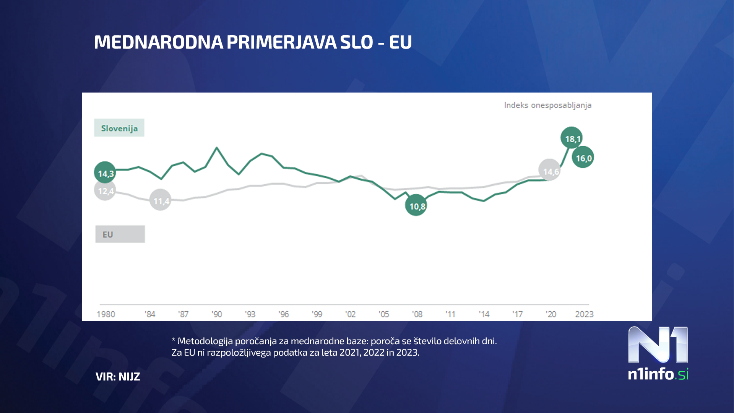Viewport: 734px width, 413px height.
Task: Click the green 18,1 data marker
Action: click(x=572, y=138)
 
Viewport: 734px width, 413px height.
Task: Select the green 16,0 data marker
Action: click(x=583, y=158)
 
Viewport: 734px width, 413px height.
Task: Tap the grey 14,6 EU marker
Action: click(x=549, y=171)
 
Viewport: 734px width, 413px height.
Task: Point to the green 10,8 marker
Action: click(x=416, y=206)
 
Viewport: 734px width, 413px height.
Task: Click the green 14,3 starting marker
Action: click(x=105, y=173)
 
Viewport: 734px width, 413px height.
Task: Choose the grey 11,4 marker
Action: click(x=160, y=200)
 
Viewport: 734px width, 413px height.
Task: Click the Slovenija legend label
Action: click(x=119, y=128)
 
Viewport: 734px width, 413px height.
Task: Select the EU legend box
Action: click(x=120, y=234)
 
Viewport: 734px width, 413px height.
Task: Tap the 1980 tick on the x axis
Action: click(x=106, y=314)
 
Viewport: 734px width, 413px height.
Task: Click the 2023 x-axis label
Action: click(x=584, y=314)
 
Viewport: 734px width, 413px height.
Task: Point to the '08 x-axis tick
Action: click(x=417, y=314)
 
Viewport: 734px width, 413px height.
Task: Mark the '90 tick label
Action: click(x=217, y=314)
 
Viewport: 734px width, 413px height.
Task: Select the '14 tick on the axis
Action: click(x=484, y=314)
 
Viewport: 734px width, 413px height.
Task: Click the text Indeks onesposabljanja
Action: click(x=547, y=105)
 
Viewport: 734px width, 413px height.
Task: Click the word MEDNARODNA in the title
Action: click(x=158, y=42)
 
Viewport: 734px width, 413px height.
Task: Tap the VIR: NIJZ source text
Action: click(x=118, y=377)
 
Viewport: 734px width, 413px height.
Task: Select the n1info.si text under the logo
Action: click(x=658, y=374)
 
